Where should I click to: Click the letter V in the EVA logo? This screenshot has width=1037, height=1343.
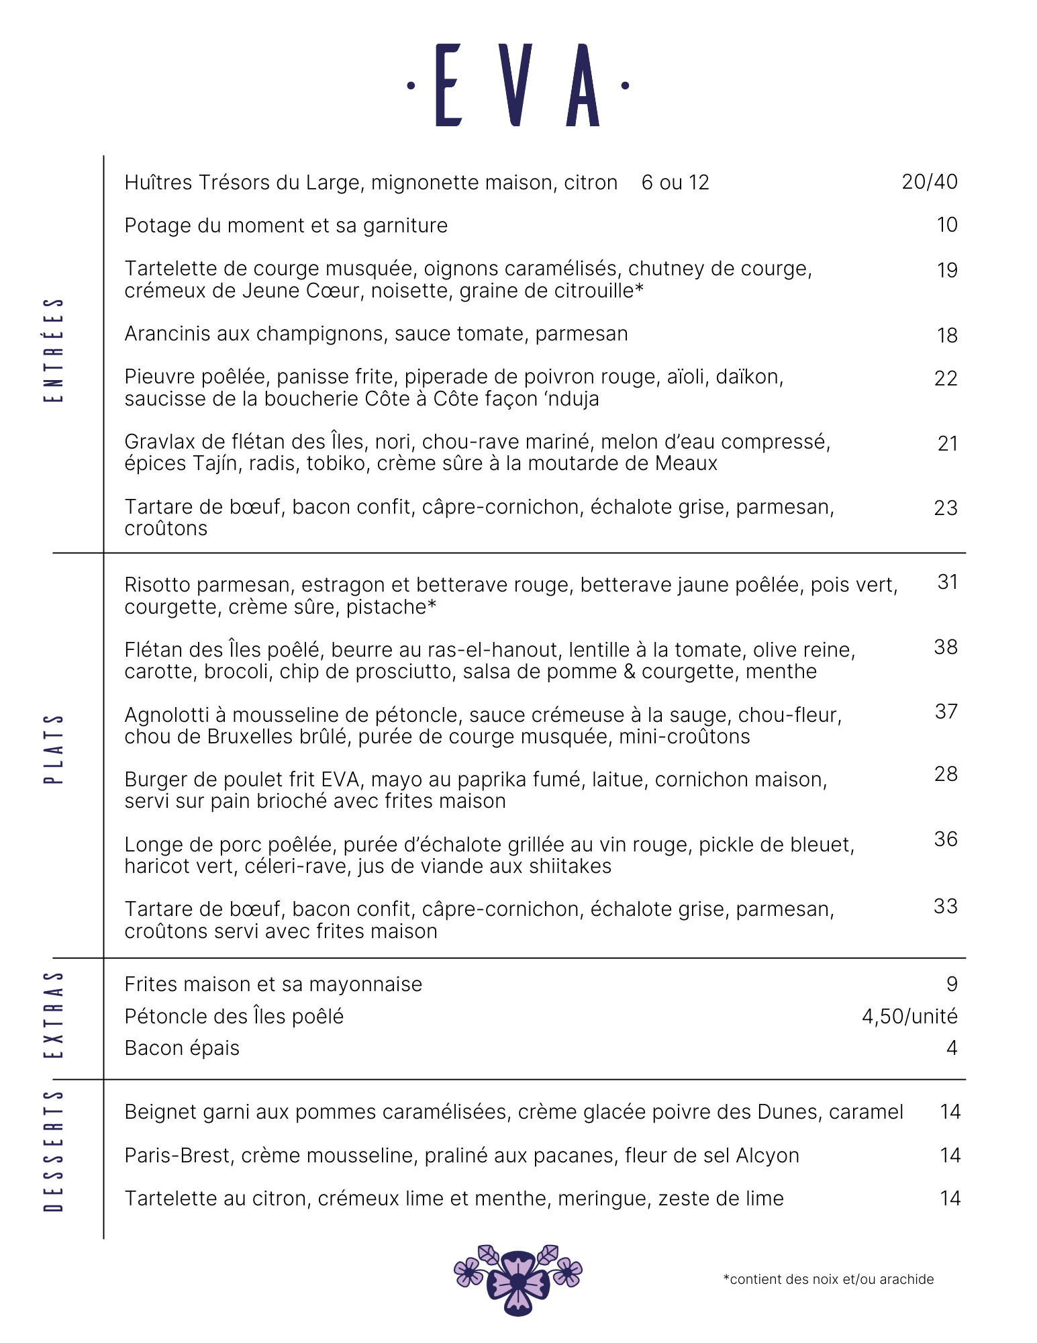point(515,85)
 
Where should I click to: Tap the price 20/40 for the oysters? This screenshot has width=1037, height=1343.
point(929,182)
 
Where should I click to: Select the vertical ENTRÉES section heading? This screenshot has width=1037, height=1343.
point(54,350)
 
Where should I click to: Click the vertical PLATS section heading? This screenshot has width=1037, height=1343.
point(54,749)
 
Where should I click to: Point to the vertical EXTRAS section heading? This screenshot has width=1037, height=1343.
point(54,1015)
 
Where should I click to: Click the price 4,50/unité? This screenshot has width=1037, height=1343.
point(909,1017)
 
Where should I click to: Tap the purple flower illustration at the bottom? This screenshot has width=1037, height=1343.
point(517,1280)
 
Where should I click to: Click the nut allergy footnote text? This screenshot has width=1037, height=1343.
point(828,1279)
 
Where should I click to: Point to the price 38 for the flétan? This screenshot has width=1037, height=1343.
point(945,647)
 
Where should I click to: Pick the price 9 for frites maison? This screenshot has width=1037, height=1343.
point(951,984)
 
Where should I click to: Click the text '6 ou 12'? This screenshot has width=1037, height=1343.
point(675,183)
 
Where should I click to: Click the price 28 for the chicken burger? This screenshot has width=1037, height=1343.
point(945,774)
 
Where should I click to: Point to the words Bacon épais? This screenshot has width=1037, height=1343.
point(182,1048)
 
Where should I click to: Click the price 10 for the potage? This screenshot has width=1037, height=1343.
point(946,225)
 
